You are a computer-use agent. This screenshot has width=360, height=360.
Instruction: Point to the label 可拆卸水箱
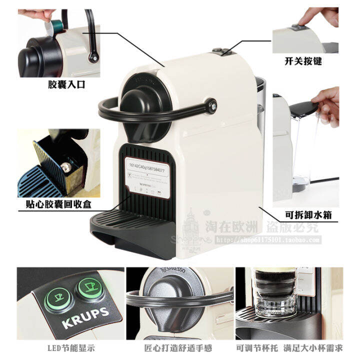pos(308,215)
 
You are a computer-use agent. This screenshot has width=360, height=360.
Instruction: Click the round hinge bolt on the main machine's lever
pos(213,104)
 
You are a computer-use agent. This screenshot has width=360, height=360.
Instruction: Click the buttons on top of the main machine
pos(218,51)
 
